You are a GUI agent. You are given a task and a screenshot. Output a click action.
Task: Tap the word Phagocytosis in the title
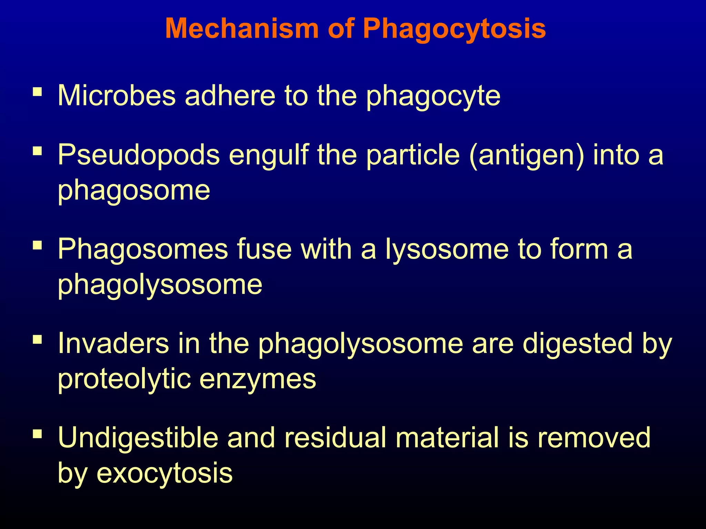454,29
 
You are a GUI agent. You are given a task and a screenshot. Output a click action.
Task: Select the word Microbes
117,95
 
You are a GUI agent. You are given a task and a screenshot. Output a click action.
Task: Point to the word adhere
230,95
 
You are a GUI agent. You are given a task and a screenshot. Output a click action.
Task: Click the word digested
577,344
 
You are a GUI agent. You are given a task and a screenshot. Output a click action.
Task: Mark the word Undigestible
138,437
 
